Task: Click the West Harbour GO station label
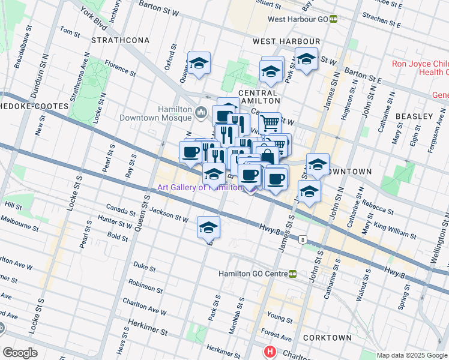(298, 19)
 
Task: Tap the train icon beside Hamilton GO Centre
(292, 274)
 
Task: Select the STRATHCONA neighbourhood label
(115, 40)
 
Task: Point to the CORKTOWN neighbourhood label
(328, 338)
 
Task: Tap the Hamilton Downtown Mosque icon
(201, 112)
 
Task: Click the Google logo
(19, 353)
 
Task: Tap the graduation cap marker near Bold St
(208, 227)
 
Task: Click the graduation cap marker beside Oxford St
(199, 62)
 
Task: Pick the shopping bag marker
(268, 157)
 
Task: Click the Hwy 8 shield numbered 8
(304, 240)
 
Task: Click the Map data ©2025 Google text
(411, 355)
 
